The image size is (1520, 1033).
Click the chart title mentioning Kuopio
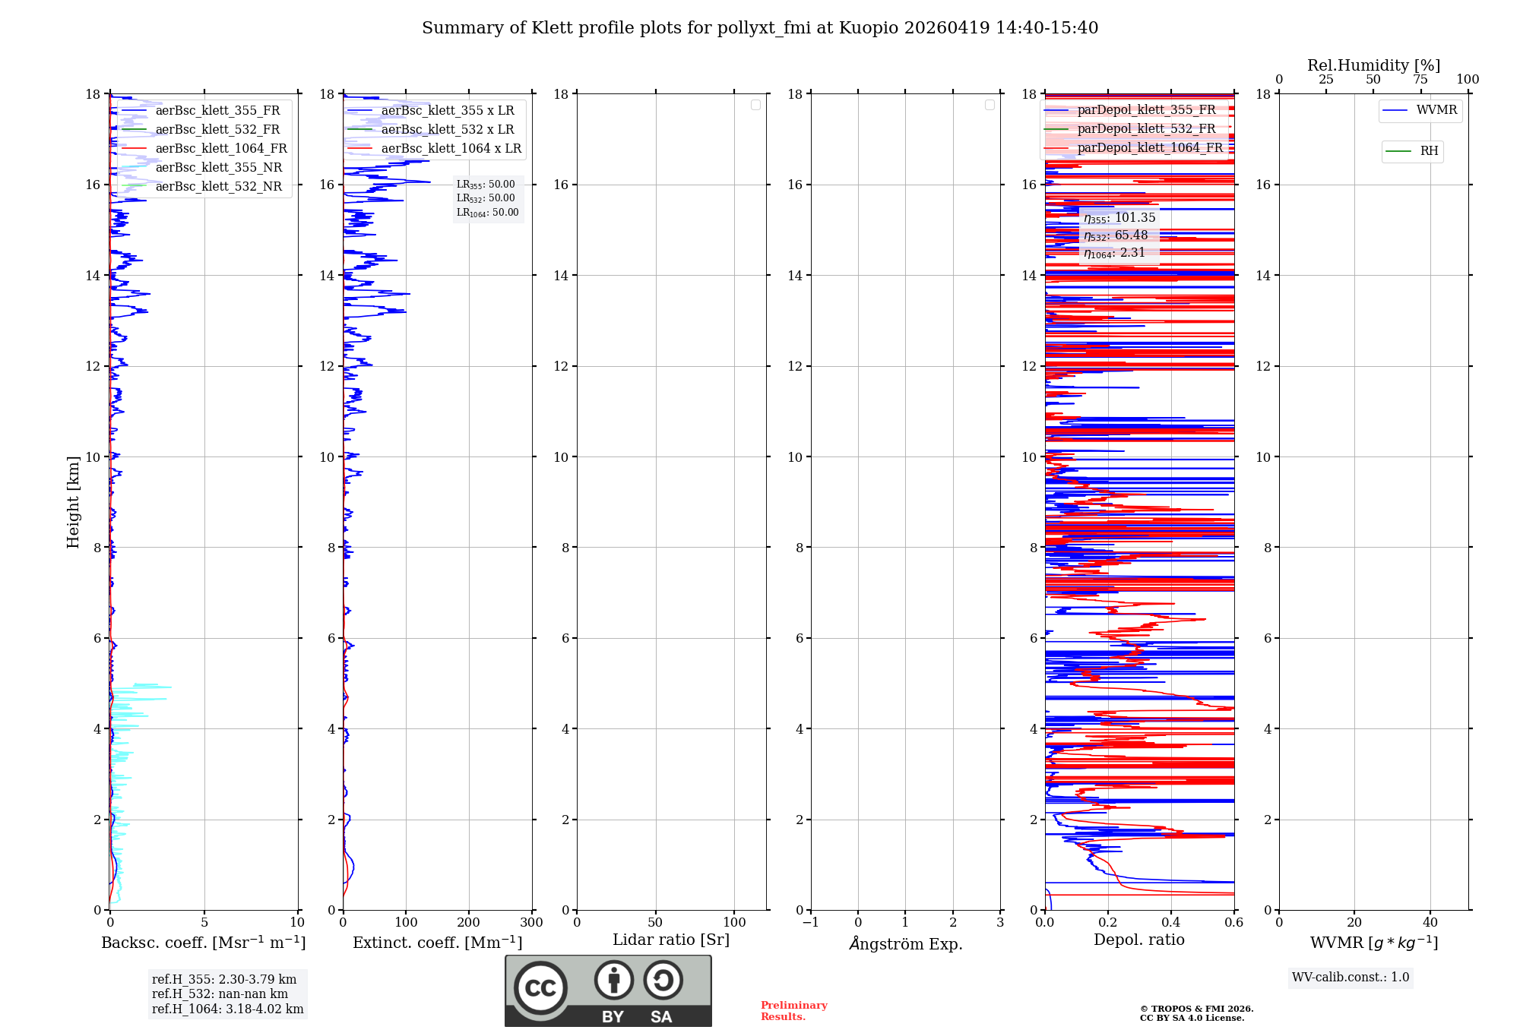760,28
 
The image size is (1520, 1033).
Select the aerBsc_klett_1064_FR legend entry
220,148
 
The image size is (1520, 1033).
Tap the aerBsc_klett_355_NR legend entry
218,167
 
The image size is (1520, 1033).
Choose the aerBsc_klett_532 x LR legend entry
447,129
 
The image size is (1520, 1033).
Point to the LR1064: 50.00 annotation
487,213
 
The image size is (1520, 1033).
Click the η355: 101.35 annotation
1119,218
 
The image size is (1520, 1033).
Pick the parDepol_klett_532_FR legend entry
1146,128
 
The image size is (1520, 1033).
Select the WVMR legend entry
1436,110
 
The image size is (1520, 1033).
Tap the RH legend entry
1428,151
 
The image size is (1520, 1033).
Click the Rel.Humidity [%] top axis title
1373,65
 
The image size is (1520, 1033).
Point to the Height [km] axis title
73,501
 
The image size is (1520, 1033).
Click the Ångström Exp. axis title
905,943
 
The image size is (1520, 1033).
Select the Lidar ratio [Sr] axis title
671,940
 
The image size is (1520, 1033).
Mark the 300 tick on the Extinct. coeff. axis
532,922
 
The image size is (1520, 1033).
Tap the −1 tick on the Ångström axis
811,922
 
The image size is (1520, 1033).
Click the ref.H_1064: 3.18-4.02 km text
227,1009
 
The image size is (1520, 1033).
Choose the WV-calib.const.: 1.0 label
1351,977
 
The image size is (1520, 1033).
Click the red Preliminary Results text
793,1010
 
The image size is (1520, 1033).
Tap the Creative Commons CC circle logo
540,987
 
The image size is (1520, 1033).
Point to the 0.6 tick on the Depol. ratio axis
1233,922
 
